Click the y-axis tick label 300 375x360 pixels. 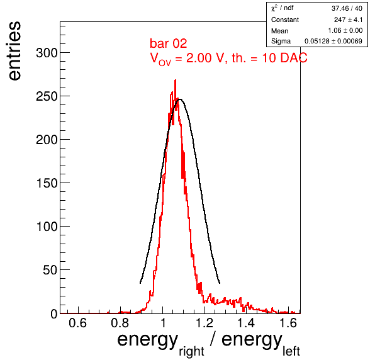[x=47, y=53]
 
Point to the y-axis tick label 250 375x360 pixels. [x=47, y=96]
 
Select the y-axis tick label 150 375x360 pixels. [x=47, y=183]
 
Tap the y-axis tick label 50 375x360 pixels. [x=50, y=270]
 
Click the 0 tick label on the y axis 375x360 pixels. [x=54, y=313]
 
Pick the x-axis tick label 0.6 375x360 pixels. [x=77, y=323]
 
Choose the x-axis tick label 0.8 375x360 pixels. [x=120, y=323]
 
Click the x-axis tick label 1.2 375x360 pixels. [x=204, y=323]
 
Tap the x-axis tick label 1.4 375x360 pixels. [x=246, y=323]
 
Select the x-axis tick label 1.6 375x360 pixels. [x=288, y=323]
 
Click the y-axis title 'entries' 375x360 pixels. [x=15, y=51]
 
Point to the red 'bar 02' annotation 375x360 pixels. [x=169, y=43]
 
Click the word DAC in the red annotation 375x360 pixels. [x=294, y=58]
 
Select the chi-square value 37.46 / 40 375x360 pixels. [x=347, y=8]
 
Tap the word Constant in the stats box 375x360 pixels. [x=285, y=20]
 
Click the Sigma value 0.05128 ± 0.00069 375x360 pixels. [x=333, y=41]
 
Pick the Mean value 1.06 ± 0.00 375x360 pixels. [x=345, y=30]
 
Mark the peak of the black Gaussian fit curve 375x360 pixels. [x=180, y=99]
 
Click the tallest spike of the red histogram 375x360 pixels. [x=176, y=81]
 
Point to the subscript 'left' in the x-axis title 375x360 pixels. [x=291, y=351]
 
